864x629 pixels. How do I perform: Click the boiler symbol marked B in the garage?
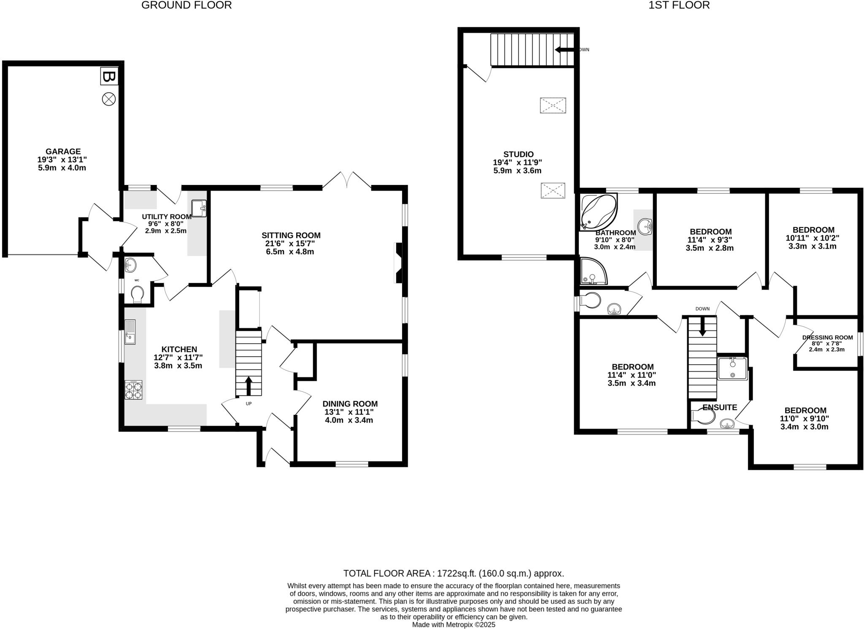[x=109, y=77]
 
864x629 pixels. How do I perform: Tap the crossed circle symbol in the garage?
[x=109, y=100]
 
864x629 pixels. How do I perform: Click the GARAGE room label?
[x=63, y=151]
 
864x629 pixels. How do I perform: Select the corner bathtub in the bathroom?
[x=599, y=211]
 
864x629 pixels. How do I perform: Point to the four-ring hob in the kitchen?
[x=133, y=390]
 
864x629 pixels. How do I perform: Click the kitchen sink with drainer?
[x=130, y=332]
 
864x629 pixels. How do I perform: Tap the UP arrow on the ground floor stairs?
[x=248, y=385]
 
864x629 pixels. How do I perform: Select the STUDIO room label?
[x=518, y=155]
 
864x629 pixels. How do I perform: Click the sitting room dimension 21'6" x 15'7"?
[x=291, y=244]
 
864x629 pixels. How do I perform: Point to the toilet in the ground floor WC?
[x=138, y=294]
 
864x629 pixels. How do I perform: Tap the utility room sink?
[x=199, y=209]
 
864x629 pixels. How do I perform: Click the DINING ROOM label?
[x=350, y=404]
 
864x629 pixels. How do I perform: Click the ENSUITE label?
[x=720, y=407]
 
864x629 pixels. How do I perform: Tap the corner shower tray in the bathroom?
[x=594, y=271]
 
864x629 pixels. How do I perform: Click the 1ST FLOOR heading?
[x=680, y=5]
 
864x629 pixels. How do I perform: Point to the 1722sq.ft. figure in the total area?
[x=456, y=573]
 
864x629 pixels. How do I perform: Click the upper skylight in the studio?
[x=553, y=106]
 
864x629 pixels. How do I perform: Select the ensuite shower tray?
[x=732, y=369]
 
